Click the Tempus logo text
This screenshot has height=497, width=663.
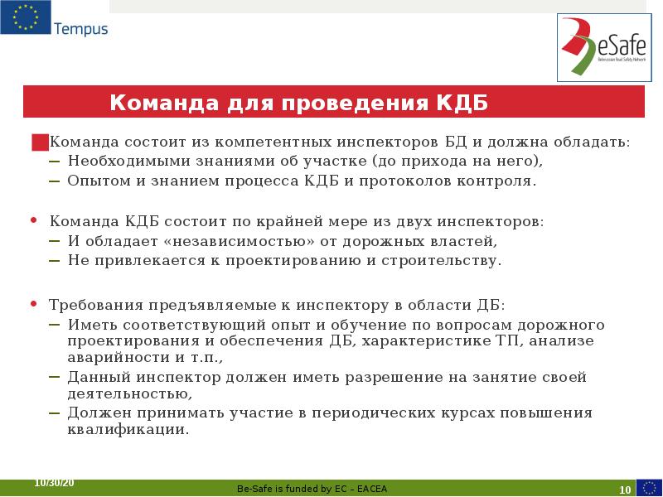coord(80,29)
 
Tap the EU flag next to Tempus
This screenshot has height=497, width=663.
coord(25,18)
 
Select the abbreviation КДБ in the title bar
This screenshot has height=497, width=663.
coord(461,104)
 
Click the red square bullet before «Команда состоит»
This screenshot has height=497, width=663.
coord(39,142)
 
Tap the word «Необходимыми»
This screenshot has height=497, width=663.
coord(123,161)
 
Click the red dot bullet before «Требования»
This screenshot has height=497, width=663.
coord(33,304)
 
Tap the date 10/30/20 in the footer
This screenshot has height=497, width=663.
coord(53,482)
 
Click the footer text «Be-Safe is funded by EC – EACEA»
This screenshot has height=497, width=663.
coord(312,489)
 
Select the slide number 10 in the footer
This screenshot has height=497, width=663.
coord(625,490)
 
